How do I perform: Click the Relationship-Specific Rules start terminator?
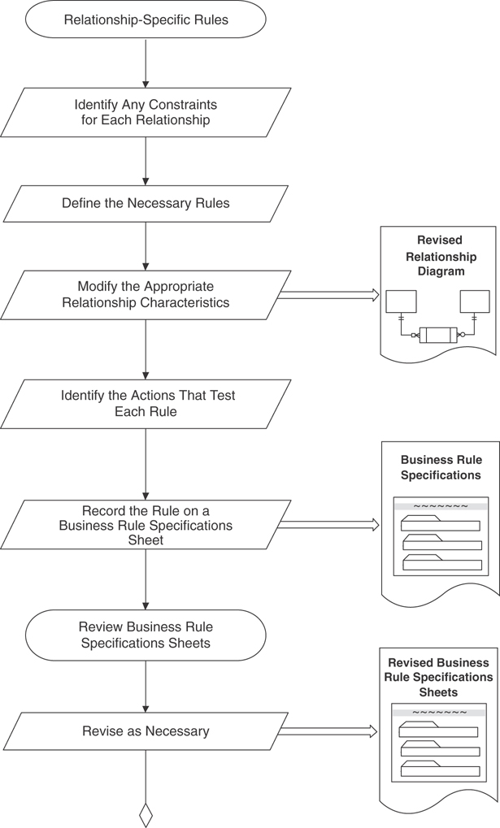(146, 20)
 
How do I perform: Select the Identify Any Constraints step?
(146, 112)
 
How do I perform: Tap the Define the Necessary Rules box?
(146, 203)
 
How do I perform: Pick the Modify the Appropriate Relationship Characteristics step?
(146, 295)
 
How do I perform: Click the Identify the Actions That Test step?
(146, 404)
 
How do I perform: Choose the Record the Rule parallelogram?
(146, 525)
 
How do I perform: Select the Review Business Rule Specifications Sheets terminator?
(146, 635)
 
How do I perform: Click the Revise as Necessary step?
(146, 731)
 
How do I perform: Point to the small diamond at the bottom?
(146, 813)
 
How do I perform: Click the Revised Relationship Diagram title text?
(440, 256)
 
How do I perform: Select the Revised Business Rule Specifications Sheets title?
(439, 678)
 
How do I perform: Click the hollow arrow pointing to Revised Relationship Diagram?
(328, 295)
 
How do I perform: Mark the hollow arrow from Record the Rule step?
(328, 525)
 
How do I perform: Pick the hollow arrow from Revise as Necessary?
(328, 731)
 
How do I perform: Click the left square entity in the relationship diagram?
(401, 301)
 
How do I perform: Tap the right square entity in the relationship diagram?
(475, 301)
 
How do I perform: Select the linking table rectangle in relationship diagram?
(438, 334)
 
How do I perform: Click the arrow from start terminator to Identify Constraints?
(146, 63)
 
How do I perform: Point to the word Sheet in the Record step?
(146, 540)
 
